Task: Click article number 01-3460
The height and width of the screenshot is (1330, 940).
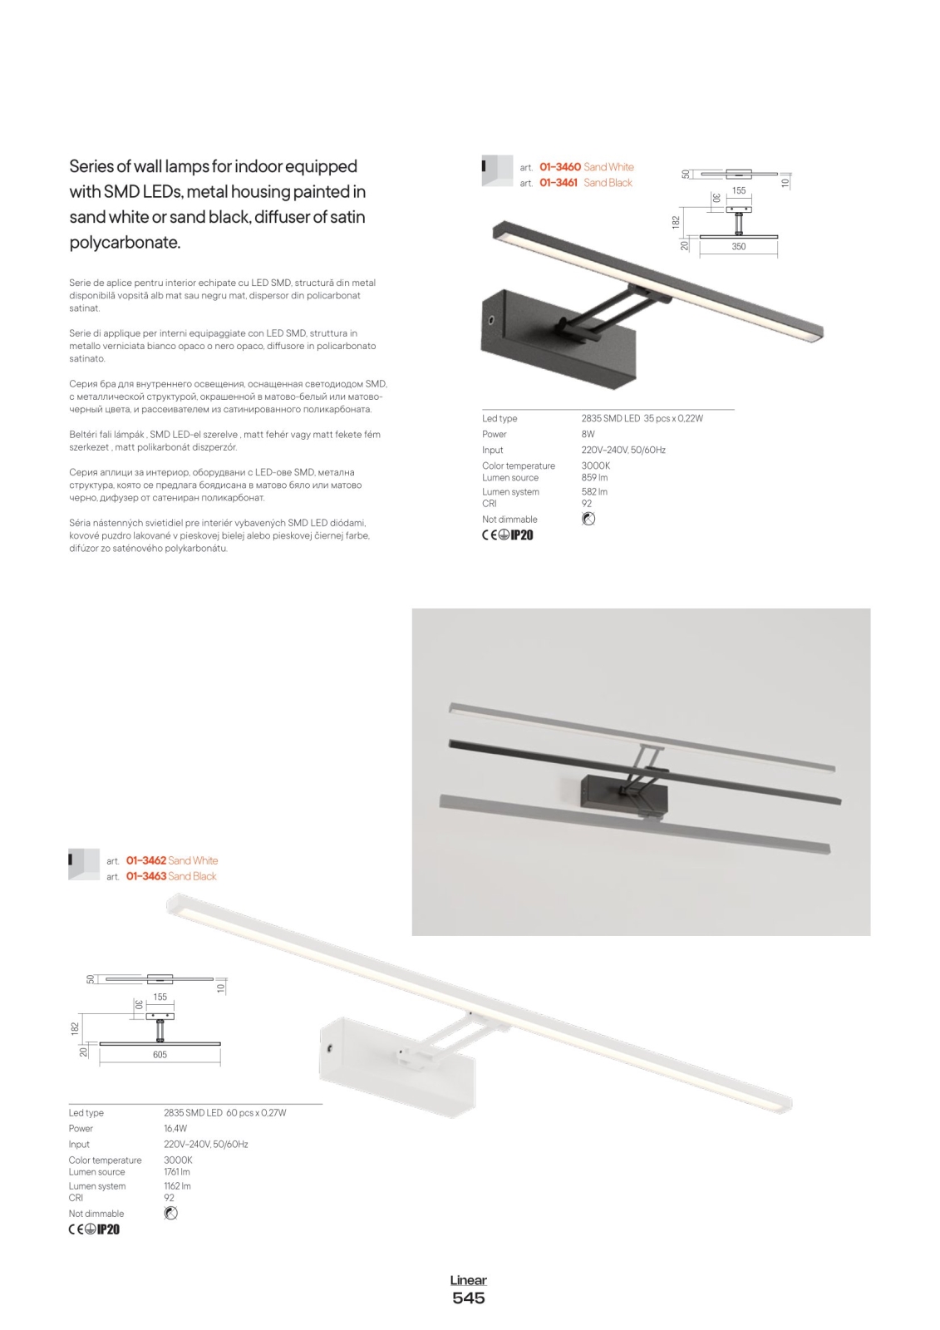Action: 559,167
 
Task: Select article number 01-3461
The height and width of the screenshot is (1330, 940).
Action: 558,183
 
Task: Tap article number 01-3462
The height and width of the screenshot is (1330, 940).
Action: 146,860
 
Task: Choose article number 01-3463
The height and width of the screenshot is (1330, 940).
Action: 146,876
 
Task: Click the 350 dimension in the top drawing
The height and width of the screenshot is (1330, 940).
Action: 738,247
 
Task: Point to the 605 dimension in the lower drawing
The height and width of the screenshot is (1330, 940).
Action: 160,1055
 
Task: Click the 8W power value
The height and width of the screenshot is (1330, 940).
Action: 588,434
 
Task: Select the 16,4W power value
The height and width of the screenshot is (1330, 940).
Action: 175,1128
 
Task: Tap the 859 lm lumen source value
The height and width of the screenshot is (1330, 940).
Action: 594,478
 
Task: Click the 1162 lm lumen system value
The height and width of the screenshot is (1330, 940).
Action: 177,1186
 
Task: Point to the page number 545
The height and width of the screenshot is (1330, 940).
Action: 469,1298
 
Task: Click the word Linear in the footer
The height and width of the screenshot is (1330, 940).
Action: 469,1280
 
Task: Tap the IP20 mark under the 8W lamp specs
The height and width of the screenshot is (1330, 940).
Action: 522,535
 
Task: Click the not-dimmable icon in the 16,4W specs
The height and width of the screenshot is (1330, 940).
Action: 171,1214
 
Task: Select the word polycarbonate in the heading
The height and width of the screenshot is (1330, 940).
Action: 124,243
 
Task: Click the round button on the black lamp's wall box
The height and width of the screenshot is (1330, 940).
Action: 491,320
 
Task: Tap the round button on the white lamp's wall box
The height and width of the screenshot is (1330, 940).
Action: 330,1049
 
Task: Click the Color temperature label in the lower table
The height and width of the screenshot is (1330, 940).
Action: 105,1160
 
